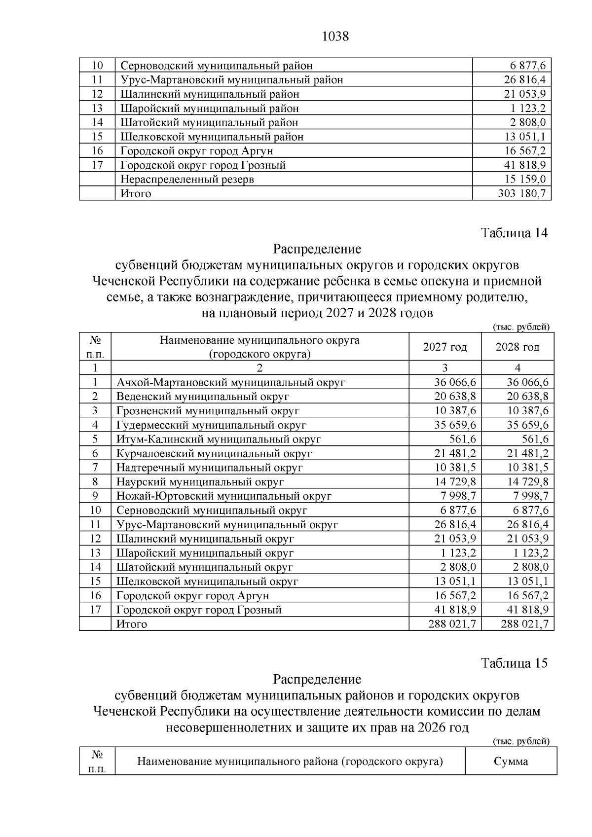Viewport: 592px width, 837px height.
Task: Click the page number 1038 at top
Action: click(x=335, y=36)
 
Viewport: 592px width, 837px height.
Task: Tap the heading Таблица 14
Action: click(x=514, y=233)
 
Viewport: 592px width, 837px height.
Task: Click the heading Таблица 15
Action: click(x=514, y=663)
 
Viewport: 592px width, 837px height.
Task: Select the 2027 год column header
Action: click(x=444, y=347)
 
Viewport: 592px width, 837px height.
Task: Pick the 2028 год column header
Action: click(x=517, y=347)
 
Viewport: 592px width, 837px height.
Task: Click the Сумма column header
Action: click(x=511, y=761)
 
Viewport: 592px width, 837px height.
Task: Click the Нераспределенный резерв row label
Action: click(x=187, y=179)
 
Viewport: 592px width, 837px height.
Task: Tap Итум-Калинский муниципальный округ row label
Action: click(x=219, y=439)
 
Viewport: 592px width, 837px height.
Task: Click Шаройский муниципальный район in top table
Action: click(x=210, y=108)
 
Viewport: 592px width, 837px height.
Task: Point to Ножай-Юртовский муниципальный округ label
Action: click(x=223, y=496)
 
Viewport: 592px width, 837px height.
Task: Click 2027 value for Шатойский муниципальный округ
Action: click(x=458, y=567)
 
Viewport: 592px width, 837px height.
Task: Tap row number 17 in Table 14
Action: click(x=95, y=610)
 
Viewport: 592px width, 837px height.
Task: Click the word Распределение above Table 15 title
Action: click(x=317, y=679)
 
